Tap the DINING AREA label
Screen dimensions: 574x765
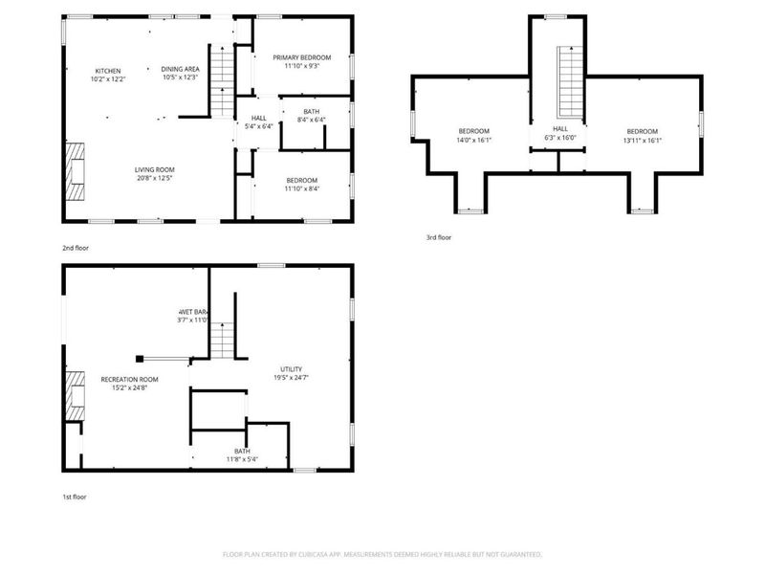(180, 69)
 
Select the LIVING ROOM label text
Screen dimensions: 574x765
(154, 169)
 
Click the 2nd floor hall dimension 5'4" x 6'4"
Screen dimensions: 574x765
(258, 126)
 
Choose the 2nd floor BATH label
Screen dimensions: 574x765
(312, 111)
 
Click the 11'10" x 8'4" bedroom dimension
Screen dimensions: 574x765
(301, 188)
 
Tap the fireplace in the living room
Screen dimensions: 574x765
(75, 170)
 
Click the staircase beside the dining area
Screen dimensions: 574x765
(222, 81)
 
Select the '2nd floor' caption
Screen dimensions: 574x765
(76, 248)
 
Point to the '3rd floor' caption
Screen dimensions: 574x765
(439, 237)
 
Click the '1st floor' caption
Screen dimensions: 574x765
(75, 497)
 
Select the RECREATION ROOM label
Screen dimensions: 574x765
(129, 379)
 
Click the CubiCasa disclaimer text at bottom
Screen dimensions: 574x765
(382, 554)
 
